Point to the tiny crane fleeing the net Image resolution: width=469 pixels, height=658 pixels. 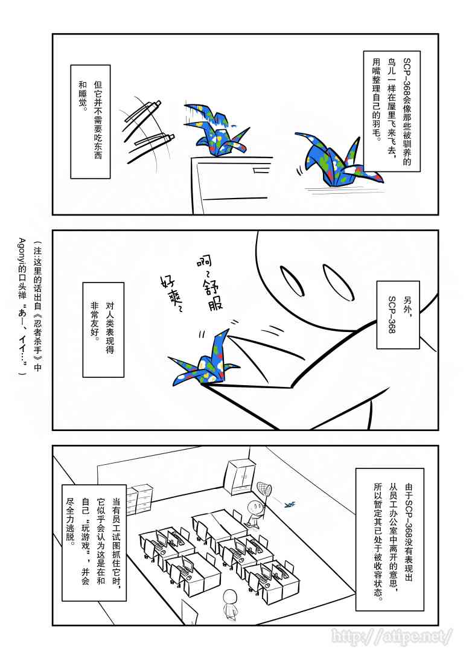(290, 503)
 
